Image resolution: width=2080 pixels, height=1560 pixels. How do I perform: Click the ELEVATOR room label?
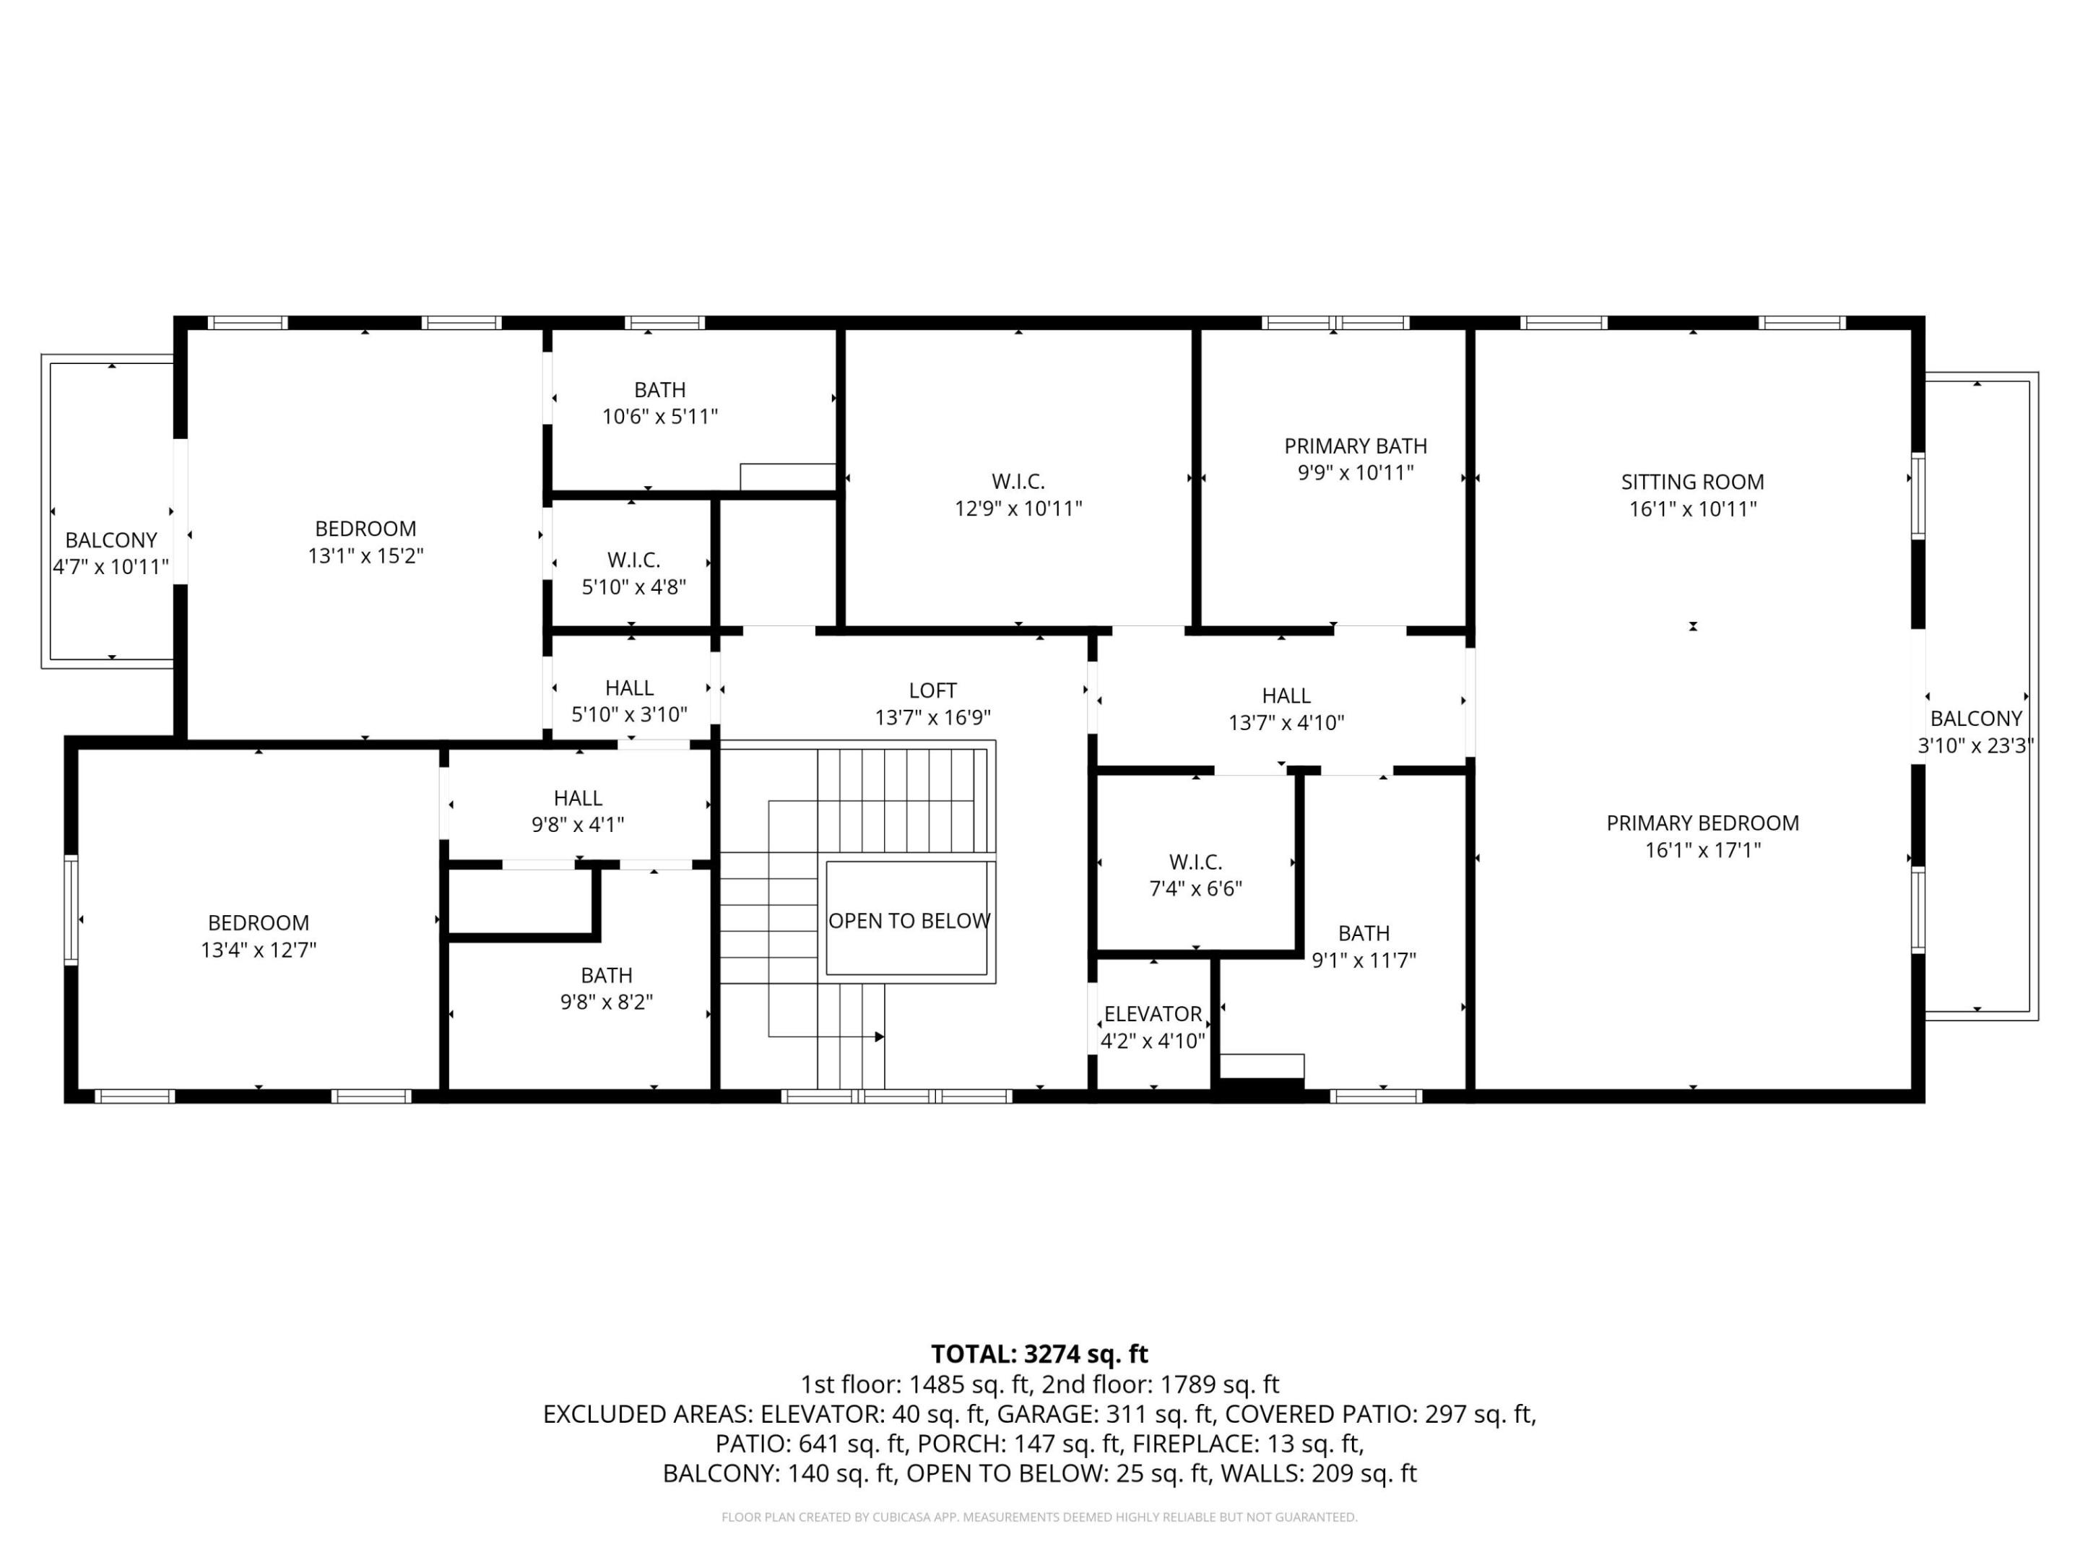(x=1153, y=1015)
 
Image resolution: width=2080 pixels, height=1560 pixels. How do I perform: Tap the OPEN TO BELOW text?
(x=909, y=922)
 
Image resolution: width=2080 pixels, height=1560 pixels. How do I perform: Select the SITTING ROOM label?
(x=1693, y=482)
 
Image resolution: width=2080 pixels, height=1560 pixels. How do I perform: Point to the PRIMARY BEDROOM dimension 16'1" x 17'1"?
(x=1703, y=850)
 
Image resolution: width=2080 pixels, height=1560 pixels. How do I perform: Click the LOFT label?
(x=933, y=691)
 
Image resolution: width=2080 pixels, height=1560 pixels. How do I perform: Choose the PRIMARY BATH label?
(x=1355, y=446)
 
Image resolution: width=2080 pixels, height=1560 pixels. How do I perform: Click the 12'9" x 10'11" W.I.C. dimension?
(x=1018, y=508)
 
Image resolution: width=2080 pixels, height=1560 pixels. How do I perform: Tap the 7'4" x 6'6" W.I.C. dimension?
(x=1195, y=888)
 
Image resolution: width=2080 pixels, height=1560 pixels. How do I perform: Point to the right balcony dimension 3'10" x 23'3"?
(x=1975, y=745)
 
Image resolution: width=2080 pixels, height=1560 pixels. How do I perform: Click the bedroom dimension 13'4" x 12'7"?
(x=259, y=950)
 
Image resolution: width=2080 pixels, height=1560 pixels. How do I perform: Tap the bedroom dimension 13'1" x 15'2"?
(x=365, y=555)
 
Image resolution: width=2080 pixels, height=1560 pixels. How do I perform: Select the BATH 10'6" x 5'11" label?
(x=659, y=390)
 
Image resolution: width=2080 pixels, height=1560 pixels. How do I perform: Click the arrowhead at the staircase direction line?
(x=879, y=1037)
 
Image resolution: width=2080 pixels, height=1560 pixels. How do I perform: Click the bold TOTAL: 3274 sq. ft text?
(x=1039, y=1354)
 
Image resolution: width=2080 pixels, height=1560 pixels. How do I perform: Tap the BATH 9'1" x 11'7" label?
(x=1364, y=934)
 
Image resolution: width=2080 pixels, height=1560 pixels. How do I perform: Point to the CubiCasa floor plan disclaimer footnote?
(x=1039, y=1517)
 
